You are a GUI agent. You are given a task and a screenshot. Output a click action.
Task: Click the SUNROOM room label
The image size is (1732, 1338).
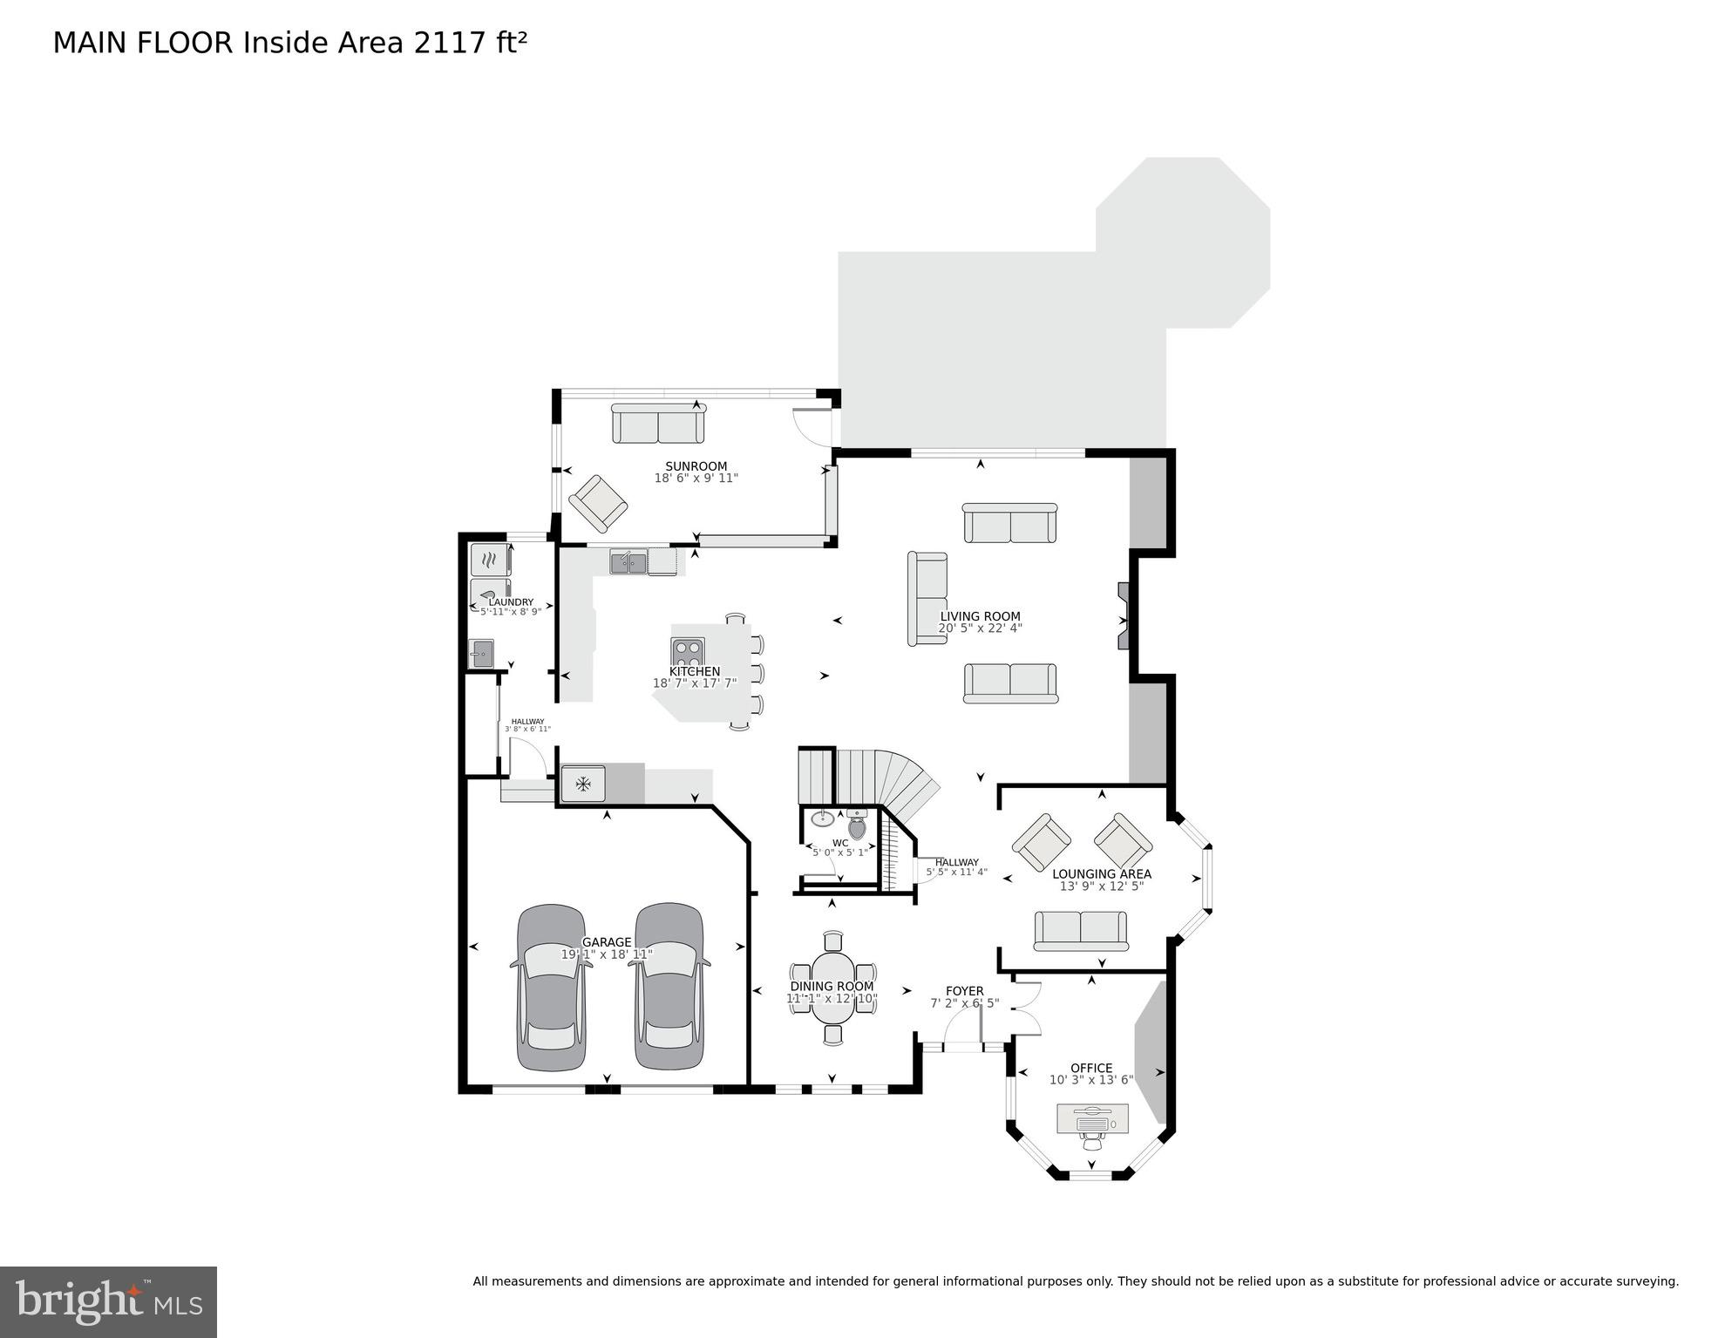696,466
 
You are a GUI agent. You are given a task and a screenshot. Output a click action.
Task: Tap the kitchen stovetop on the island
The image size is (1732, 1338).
687,651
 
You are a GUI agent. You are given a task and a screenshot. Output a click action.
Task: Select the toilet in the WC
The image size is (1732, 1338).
857,825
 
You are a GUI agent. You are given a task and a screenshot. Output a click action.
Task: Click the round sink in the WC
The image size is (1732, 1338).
822,818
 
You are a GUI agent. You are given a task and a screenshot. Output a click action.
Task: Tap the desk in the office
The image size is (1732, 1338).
1092,1118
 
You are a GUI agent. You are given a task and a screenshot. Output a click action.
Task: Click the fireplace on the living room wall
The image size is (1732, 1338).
1124,616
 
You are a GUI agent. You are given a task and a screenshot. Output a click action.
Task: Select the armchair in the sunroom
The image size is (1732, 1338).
598,504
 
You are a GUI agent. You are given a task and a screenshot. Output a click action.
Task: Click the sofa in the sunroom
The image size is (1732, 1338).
657,424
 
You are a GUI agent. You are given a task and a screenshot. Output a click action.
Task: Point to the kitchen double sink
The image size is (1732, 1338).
628,562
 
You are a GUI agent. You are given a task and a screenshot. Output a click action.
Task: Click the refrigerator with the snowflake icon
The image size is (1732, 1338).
582,784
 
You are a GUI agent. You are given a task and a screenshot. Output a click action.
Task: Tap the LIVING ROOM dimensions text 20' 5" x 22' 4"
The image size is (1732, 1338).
980,628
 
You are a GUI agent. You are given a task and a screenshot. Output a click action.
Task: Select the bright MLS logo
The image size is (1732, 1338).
108,1301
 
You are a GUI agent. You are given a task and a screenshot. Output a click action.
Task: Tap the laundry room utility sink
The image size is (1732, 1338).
480,653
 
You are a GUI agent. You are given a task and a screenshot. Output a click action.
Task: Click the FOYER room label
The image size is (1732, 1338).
964,991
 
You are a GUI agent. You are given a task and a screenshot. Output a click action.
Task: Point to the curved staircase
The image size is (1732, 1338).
898,780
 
